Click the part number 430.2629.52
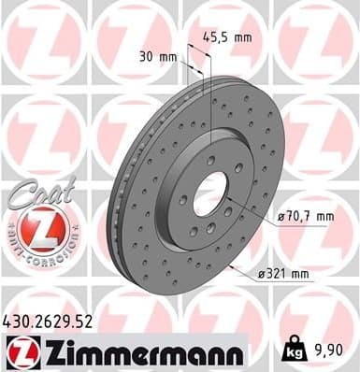(50, 322)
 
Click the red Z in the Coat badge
(40, 228)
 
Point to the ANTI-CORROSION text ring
(40, 252)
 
